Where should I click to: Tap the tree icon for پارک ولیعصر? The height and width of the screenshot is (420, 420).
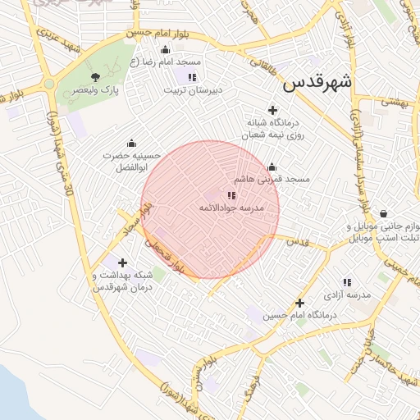point(97,77)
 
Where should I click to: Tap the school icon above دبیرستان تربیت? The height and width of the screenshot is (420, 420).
point(192,77)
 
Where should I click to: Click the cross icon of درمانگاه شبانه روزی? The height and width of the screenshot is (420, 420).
point(273,110)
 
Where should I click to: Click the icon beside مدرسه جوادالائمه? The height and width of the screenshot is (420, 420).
point(231,195)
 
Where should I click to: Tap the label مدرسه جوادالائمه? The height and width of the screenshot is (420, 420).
point(231,208)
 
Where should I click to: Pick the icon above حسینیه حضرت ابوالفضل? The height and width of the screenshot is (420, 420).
point(131,143)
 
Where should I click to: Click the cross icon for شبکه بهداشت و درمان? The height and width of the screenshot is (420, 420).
point(123,263)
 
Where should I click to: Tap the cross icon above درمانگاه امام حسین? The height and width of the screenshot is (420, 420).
point(300,303)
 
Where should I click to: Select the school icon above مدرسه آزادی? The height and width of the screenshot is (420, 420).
point(347,281)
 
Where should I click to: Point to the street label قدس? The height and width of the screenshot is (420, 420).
point(299,243)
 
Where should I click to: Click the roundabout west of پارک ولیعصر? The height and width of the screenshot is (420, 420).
point(49,84)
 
